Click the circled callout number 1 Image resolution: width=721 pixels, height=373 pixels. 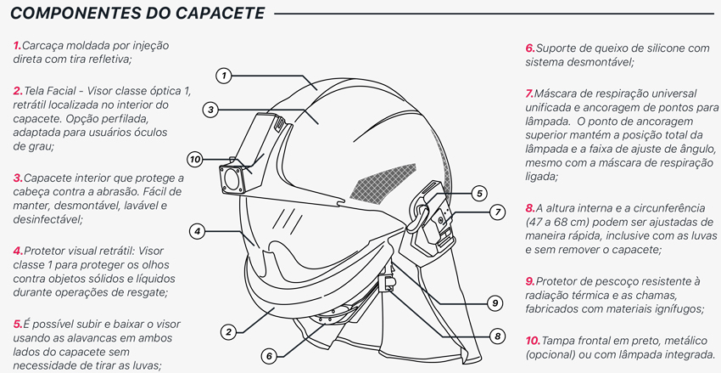(223, 76)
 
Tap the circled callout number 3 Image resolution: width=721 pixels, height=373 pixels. (210, 110)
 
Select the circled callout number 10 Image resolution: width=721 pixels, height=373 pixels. (195, 160)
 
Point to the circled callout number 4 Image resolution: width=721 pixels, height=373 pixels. (197, 231)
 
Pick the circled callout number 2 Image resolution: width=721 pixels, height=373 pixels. (228, 331)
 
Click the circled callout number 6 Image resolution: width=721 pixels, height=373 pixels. (269, 355)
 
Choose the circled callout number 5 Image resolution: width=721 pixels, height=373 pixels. (479, 194)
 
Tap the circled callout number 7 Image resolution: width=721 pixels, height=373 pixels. (498, 212)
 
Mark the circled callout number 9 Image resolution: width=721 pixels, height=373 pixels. (495, 303)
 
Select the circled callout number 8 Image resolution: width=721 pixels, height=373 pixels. (497, 336)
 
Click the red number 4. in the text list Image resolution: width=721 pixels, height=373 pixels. (18, 251)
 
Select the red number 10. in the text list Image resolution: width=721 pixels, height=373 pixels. (533, 342)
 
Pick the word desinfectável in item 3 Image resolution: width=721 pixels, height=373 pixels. (48, 220)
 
